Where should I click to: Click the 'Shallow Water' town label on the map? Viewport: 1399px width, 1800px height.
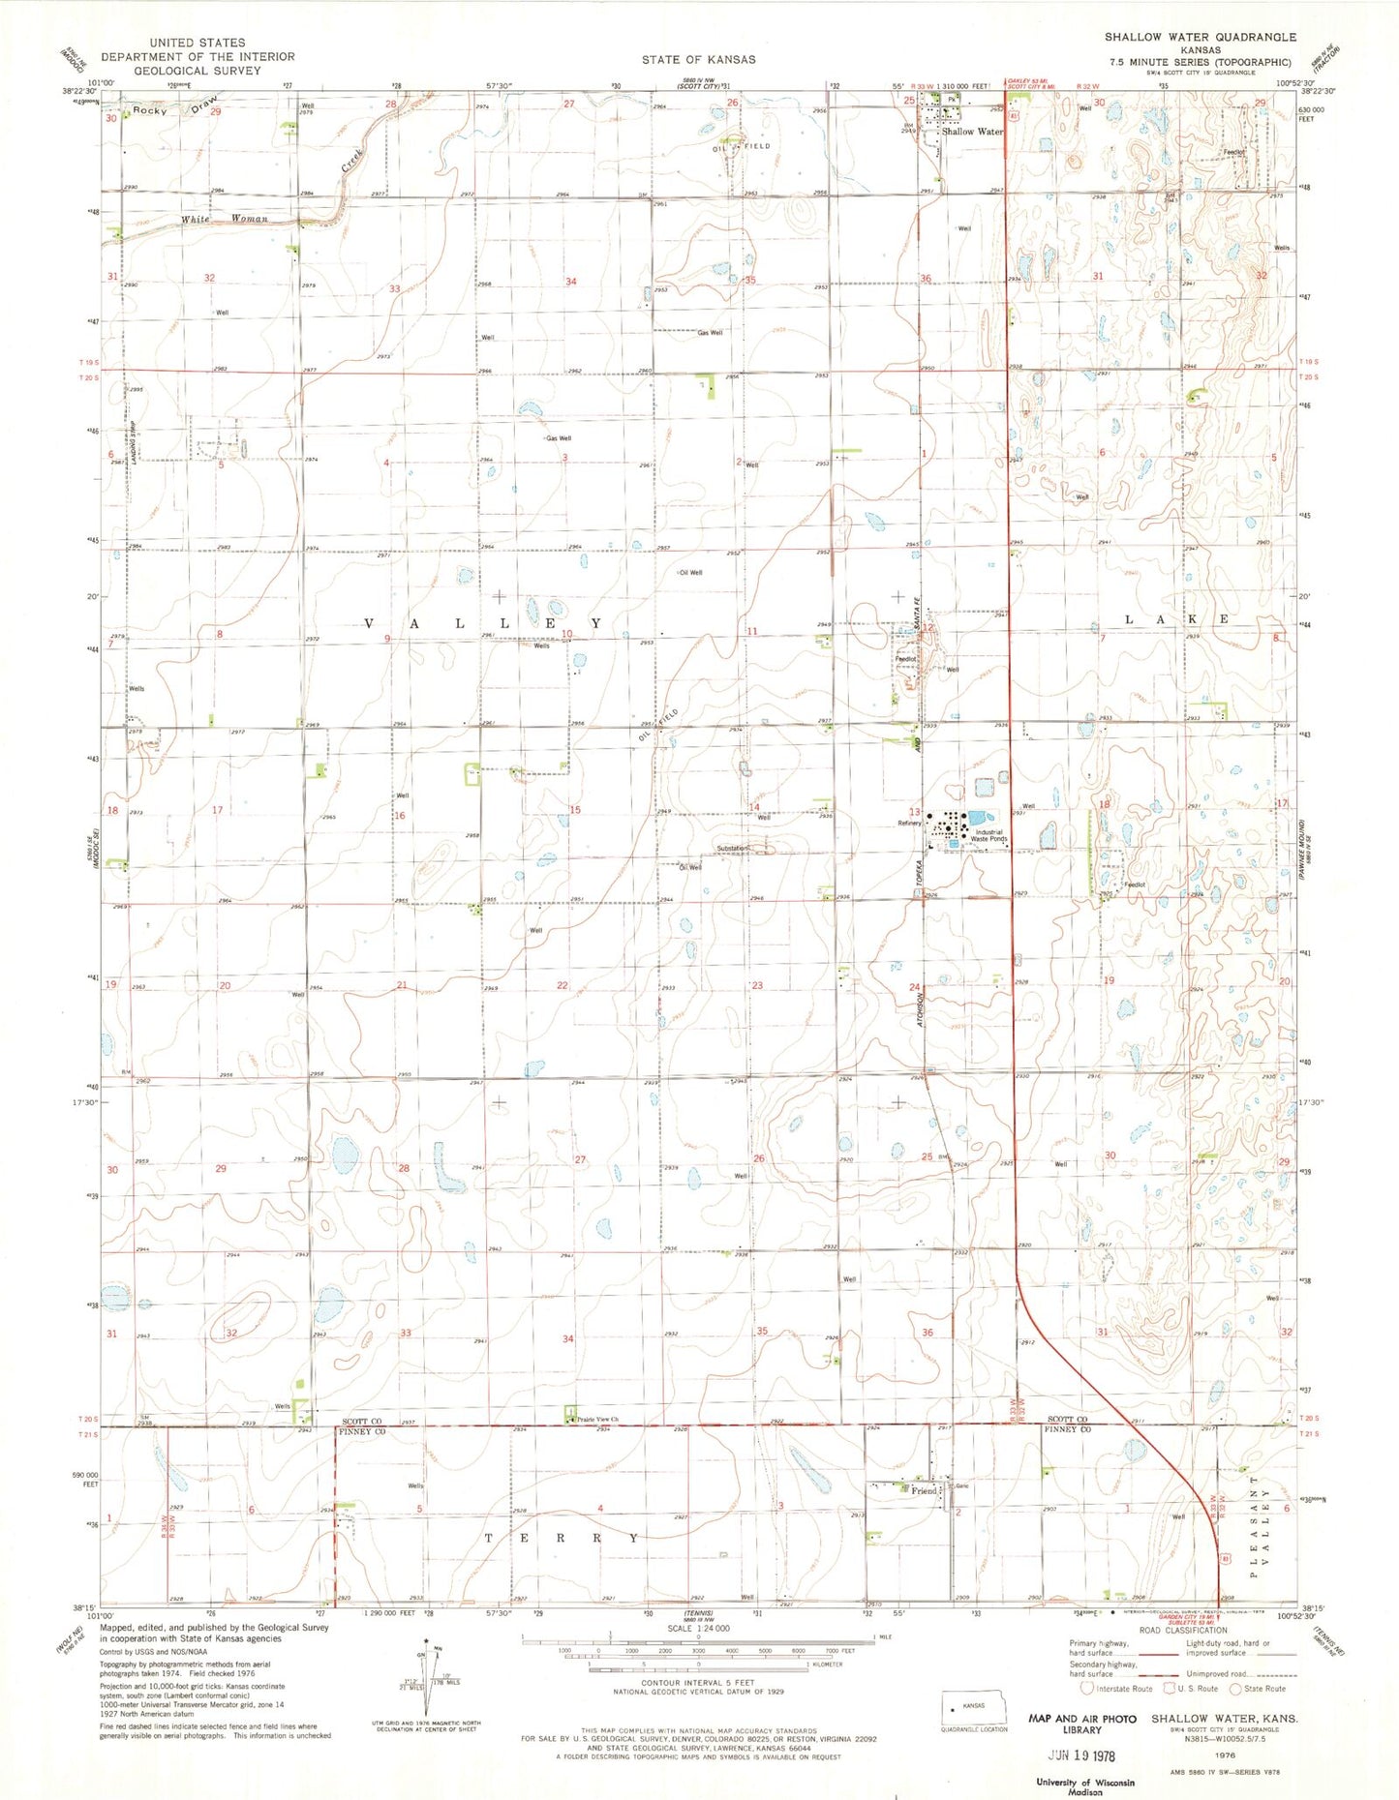coord(972,132)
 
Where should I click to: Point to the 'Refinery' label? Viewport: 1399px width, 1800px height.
coord(910,824)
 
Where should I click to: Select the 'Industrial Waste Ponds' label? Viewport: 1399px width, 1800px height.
coord(990,835)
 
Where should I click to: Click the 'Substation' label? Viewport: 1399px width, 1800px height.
coord(733,849)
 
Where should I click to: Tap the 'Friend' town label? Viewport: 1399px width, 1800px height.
coord(924,1491)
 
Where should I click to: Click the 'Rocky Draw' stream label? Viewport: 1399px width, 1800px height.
coord(176,106)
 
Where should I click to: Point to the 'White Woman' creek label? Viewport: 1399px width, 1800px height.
coord(224,220)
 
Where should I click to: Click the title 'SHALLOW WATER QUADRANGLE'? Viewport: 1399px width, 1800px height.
coord(1201,37)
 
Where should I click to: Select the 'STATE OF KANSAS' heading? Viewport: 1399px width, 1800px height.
coord(698,59)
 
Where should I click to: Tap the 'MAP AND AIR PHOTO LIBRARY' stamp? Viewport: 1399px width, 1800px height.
coord(1080,1724)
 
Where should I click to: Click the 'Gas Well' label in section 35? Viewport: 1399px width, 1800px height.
coord(710,333)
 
